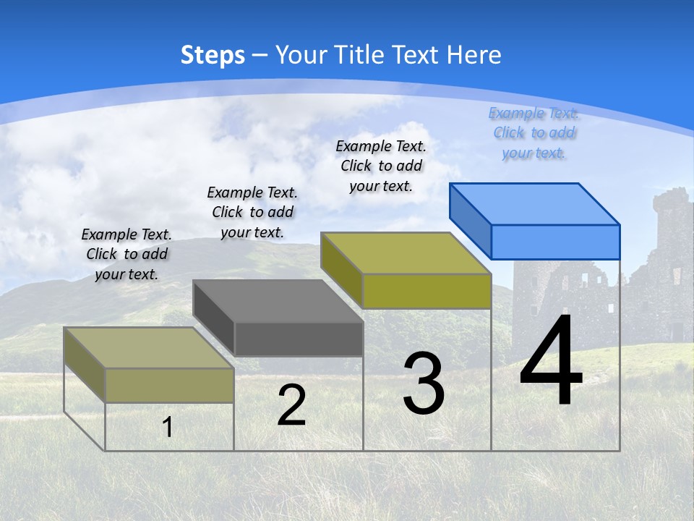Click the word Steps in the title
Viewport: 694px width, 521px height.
point(213,55)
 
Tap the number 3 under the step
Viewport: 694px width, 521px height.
point(424,384)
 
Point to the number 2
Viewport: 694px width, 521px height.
point(291,406)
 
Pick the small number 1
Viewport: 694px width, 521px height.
point(167,427)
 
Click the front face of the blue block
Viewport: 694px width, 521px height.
point(555,242)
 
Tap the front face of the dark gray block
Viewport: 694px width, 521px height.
point(299,339)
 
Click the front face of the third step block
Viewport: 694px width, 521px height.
point(427,291)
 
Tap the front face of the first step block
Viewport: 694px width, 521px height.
point(169,385)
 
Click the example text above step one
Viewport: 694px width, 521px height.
point(127,254)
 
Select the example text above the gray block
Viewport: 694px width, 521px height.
point(252,212)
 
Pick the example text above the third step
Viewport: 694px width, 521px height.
point(381,166)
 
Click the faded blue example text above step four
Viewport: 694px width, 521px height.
point(534,132)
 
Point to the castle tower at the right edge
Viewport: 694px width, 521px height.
point(672,239)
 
